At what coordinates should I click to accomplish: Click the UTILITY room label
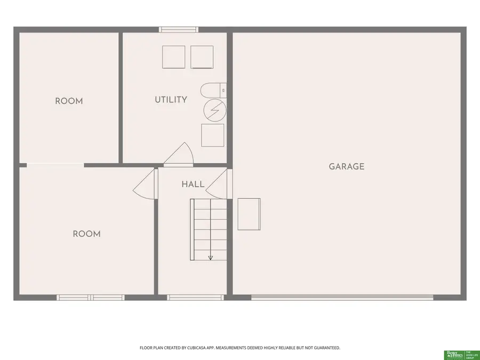click(x=171, y=100)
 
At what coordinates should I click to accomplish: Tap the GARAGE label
click(x=346, y=166)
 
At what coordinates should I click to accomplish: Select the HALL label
click(x=193, y=185)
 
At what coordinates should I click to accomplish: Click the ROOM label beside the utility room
click(x=69, y=101)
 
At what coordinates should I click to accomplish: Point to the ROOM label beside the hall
click(x=86, y=234)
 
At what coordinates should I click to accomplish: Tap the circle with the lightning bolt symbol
click(x=215, y=110)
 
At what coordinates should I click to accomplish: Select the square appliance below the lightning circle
click(x=212, y=135)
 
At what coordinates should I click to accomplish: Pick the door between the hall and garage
click(x=219, y=184)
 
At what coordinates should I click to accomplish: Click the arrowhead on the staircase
click(x=210, y=258)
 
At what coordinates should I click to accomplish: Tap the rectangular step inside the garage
click(x=249, y=214)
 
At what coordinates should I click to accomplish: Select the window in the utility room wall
click(x=175, y=30)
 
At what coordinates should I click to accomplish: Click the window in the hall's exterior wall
click(x=195, y=298)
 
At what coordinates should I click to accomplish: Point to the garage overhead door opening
click(x=342, y=298)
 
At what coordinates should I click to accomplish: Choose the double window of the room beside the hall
click(x=91, y=298)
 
